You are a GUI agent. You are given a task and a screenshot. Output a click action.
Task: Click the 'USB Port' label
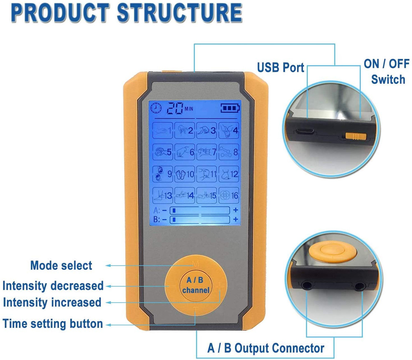coord(281,67)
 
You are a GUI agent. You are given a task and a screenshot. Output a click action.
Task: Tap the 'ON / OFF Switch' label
coord(386,71)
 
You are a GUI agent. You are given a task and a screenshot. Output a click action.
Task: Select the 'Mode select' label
coord(61,266)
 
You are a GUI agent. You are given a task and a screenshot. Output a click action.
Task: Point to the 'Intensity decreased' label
coord(53,285)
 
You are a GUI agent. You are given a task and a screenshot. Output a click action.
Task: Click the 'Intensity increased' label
coord(52,302)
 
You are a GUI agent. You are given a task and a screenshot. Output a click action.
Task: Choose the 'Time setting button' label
coord(52,323)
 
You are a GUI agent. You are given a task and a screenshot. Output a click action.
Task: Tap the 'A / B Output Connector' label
coord(265,348)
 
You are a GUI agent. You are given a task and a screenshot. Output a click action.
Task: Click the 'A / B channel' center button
coord(195,285)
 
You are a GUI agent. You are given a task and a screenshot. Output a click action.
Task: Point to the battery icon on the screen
coord(229,108)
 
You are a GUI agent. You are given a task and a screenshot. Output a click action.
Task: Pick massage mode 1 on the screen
coord(164,131)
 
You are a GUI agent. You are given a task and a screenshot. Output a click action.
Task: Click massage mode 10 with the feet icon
coord(185,174)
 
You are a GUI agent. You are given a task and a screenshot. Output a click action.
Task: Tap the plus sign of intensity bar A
coord(235,210)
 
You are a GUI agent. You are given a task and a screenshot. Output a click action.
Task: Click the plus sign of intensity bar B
coord(235,220)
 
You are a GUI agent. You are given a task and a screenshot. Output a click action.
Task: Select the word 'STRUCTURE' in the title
coord(180,13)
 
